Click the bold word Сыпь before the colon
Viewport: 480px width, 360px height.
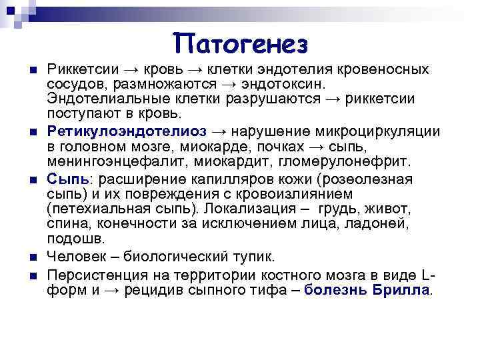63,179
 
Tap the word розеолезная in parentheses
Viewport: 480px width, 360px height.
367,179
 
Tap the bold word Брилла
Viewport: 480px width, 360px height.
399,290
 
